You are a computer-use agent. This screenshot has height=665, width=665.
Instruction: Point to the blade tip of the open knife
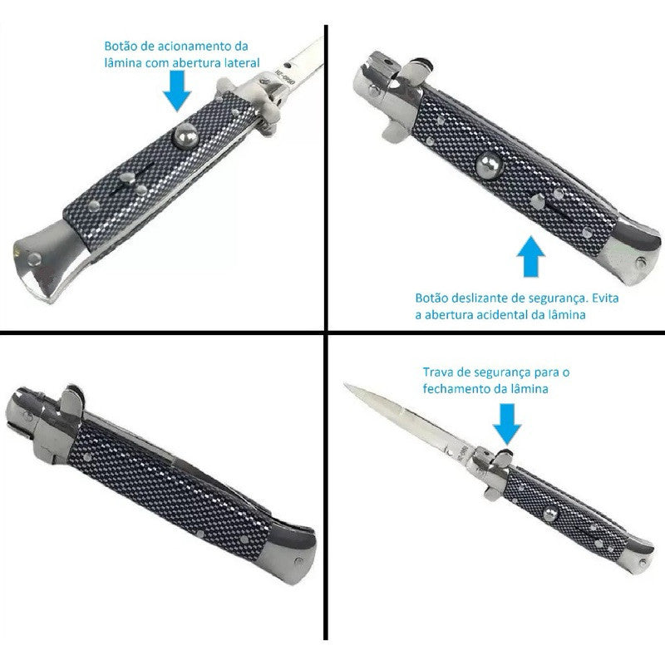(348, 385)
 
